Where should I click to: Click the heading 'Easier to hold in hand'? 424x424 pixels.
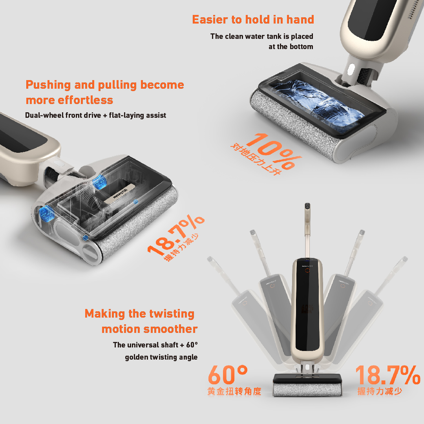pyautogui.click(x=253, y=20)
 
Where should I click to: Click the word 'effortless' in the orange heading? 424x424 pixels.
pyautogui.click(x=86, y=100)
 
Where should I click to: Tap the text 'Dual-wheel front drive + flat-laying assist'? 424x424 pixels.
pyautogui.click(x=95, y=115)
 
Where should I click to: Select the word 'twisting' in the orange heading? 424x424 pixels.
pyautogui.click(x=172, y=314)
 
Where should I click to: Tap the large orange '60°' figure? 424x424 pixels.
pyautogui.click(x=228, y=375)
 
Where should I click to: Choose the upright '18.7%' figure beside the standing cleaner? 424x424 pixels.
pyautogui.click(x=388, y=375)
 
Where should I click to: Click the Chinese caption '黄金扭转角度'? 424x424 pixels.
pyautogui.click(x=234, y=391)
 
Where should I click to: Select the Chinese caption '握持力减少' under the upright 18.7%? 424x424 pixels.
pyautogui.click(x=380, y=391)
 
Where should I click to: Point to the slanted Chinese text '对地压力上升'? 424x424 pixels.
pyautogui.click(x=256, y=159)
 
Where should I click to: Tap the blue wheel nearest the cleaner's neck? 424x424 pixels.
pyautogui.click(x=99, y=181)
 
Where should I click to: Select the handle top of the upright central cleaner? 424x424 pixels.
pyautogui.click(x=307, y=207)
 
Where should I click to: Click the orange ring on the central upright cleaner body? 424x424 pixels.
pyautogui.click(x=307, y=270)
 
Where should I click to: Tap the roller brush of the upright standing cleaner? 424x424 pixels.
pyautogui.click(x=307, y=390)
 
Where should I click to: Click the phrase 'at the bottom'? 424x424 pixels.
pyautogui.click(x=291, y=47)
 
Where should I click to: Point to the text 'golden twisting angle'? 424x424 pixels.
pyautogui.click(x=161, y=357)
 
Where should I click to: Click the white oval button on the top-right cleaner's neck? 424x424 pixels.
pyautogui.click(x=351, y=69)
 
